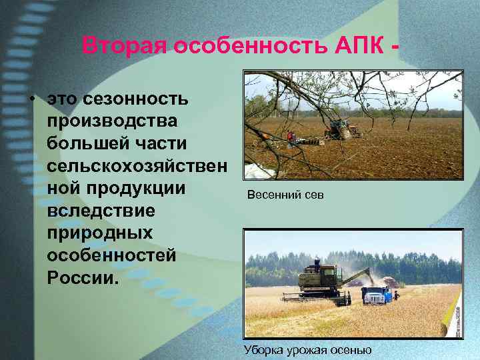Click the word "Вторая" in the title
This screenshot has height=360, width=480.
click(125, 46)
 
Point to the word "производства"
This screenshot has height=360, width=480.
click(112, 121)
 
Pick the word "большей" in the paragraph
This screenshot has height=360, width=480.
click(95, 143)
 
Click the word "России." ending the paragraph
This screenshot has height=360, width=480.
click(83, 277)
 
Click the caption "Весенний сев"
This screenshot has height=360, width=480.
click(285, 196)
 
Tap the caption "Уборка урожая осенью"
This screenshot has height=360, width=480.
click(308, 349)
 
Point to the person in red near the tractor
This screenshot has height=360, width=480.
click(290, 137)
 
